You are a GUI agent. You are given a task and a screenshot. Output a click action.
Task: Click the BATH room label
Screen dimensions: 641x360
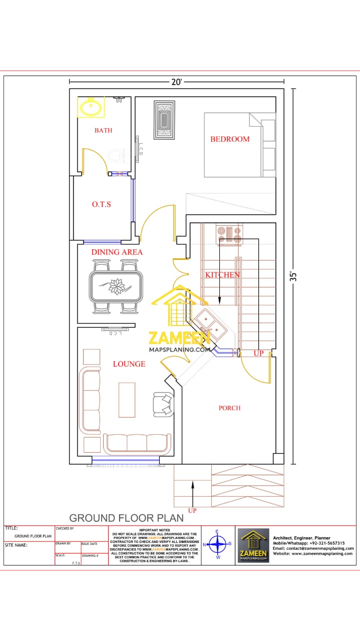tap(104, 131)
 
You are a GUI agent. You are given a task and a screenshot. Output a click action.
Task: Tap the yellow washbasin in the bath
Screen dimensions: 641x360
tap(91, 107)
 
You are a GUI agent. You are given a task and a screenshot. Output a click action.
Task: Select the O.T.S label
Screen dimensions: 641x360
tap(101, 204)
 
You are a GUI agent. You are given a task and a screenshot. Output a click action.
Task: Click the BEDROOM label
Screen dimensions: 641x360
tap(230, 139)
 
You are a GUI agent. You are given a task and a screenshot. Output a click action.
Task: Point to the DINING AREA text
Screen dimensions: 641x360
tap(117, 252)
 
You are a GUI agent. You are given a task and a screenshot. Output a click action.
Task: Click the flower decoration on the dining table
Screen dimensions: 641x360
tap(117, 286)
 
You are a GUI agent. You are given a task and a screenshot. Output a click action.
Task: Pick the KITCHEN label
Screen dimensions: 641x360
tap(222, 275)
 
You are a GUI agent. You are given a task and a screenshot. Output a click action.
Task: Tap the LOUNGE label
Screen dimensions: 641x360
tap(129, 364)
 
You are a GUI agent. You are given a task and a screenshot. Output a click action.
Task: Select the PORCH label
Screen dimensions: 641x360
tap(229, 408)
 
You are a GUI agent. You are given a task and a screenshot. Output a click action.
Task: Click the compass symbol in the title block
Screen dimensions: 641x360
tap(217, 543)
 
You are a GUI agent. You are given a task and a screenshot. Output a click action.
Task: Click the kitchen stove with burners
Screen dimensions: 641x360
tap(229, 233)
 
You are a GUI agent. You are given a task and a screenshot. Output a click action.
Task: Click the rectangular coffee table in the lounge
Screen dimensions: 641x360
tap(127, 400)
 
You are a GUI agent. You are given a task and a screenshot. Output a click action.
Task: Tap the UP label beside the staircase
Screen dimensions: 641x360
tap(258, 354)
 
